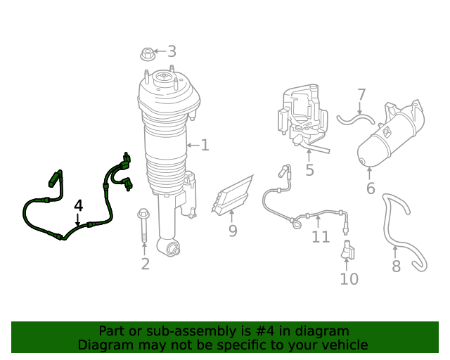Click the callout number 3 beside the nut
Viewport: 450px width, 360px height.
tap(172, 51)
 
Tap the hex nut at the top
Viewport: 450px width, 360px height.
tap(148, 54)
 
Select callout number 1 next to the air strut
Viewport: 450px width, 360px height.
tap(205, 145)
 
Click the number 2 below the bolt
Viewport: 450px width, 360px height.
tap(146, 264)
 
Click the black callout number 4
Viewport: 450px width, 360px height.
tap(78, 206)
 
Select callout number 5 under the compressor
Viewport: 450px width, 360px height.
tap(309, 170)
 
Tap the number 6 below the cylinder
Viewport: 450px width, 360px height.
tap(371, 188)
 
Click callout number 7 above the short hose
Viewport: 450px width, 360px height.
tap(361, 95)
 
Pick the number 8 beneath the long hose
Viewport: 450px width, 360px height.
tap(396, 266)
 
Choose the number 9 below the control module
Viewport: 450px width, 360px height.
tap(233, 231)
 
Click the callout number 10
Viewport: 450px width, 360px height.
tap(349, 279)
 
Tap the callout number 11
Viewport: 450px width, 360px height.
tap(321, 237)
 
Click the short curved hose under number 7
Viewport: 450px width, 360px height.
tap(356, 119)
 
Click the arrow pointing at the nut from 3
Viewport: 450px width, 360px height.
tap(160, 51)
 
